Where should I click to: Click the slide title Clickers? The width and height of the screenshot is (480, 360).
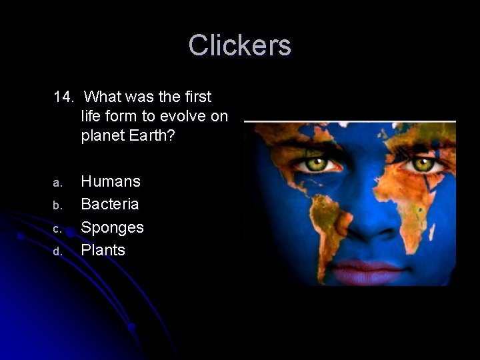(x=239, y=46)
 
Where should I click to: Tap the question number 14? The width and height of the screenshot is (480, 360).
(x=63, y=97)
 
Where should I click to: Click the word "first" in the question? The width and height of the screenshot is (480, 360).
(x=196, y=97)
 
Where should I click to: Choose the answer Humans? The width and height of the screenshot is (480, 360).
(x=111, y=181)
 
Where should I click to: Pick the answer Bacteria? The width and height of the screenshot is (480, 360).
(x=110, y=203)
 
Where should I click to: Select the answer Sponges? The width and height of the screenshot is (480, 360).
(x=112, y=227)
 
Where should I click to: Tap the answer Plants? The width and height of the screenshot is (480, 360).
(x=103, y=250)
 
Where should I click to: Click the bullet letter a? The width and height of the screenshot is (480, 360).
(x=57, y=183)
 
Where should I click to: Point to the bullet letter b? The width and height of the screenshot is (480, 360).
(x=57, y=205)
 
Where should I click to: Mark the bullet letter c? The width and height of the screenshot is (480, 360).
(x=57, y=229)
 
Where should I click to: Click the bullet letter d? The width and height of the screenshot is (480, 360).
(x=57, y=252)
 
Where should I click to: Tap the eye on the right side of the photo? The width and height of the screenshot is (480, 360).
(x=421, y=163)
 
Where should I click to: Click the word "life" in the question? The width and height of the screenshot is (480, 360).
(x=93, y=117)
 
